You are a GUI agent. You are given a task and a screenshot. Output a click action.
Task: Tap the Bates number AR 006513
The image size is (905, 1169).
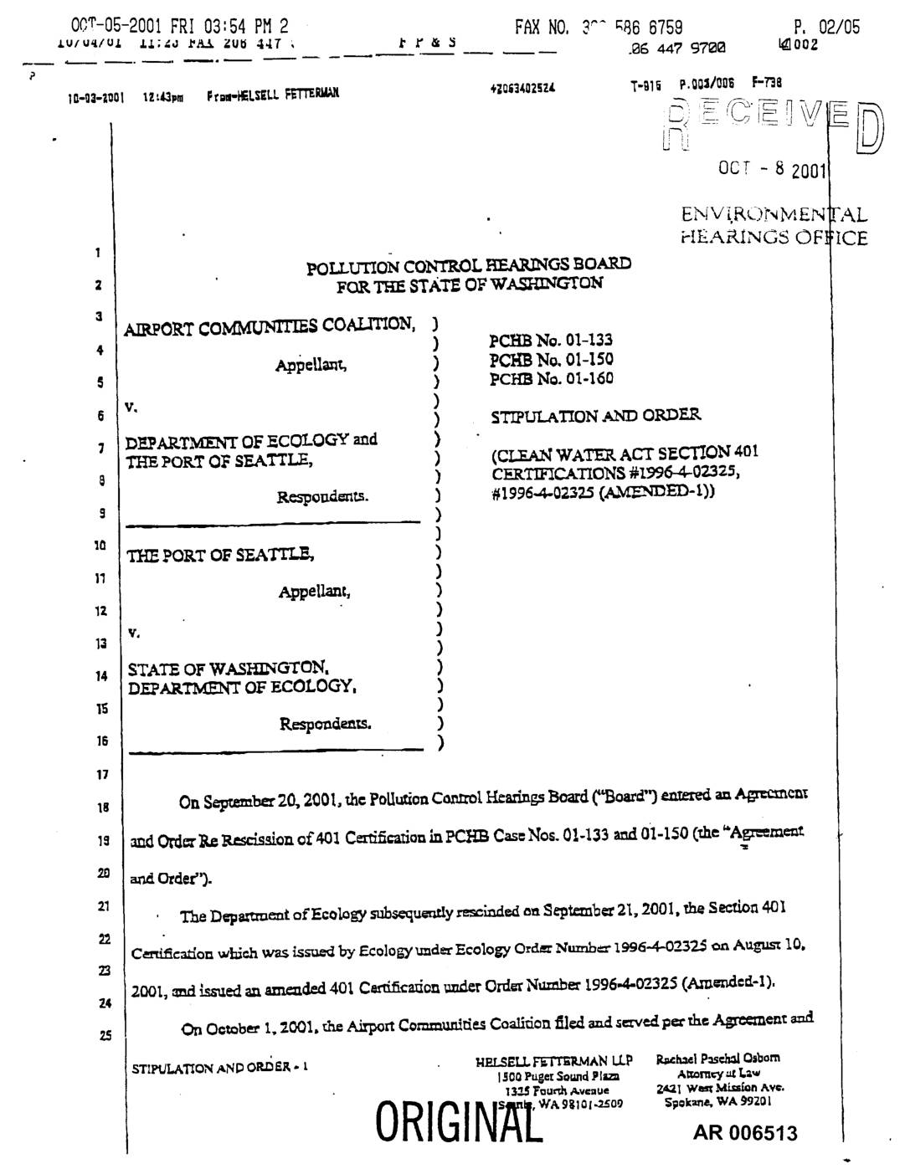[x=744, y=1134]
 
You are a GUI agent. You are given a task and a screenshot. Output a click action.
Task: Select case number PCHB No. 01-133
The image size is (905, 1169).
[x=550, y=341]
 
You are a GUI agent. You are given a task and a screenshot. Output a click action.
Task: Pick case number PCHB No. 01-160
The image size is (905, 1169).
[x=550, y=379]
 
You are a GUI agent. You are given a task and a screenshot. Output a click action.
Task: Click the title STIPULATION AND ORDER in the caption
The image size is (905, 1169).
[x=595, y=416]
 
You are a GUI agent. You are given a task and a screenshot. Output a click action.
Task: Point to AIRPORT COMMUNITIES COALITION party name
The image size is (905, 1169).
[x=269, y=326]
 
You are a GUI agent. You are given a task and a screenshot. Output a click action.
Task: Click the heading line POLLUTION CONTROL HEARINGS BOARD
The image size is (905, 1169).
[x=469, y=266]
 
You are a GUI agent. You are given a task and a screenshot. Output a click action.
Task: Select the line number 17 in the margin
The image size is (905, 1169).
[x=102, y=775]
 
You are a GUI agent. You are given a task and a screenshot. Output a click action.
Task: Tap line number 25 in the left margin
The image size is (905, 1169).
[x=105, y=1036]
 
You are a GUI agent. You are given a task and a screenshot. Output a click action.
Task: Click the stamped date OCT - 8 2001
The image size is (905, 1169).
[x=772, y=170]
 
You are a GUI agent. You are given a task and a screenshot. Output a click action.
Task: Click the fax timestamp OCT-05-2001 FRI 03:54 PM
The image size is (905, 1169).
[x=179, y=26]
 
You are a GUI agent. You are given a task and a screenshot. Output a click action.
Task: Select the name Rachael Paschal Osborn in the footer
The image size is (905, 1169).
[x=717, y=1058]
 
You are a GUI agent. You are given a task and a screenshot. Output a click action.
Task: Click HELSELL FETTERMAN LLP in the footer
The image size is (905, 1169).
[x=553, y=1061]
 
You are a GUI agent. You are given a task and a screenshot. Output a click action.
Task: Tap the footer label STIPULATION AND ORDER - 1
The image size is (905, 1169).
[x=220, y=1068]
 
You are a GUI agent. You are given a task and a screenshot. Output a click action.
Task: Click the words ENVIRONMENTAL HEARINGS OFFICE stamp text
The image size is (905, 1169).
[x=774, y=226]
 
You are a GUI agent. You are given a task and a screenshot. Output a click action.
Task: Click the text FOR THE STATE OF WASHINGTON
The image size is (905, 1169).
[x=469, y=285]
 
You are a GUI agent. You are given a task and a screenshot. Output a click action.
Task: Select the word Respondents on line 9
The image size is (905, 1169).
[x=322, y=497]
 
